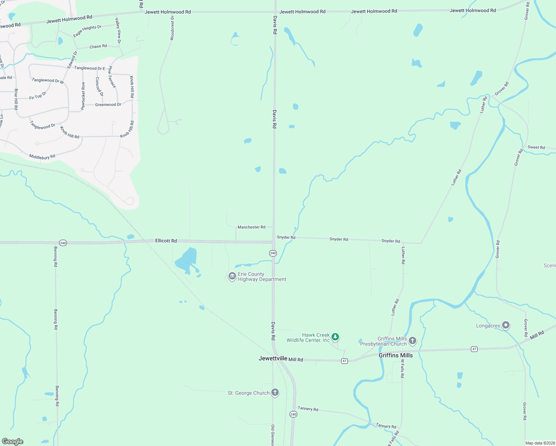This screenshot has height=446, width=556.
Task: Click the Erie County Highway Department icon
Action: (x=232, y=276)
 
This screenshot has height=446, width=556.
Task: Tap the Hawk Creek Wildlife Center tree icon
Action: (x=335, y=337)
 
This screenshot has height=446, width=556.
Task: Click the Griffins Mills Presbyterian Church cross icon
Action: (x=412, y=340)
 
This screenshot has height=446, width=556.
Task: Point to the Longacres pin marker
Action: (x=505, y=325)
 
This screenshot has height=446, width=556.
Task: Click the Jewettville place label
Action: (x=273, y=358)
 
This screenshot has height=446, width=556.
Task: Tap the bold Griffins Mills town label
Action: (x=395, y=355)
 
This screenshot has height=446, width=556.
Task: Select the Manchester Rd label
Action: (x=251, y=227)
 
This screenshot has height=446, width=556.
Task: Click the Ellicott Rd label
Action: (x=166, y=241)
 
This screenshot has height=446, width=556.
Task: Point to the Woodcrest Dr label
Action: (x=172, y=28)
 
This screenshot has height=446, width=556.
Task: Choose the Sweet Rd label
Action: (x=536, y=147)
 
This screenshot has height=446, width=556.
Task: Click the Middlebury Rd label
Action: (x=42, y=157)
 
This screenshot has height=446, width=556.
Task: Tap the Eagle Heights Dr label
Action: (x=87, y=31)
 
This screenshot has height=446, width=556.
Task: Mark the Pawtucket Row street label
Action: (x=83, y=96)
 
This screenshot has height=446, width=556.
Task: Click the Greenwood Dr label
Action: (x=108, y=105)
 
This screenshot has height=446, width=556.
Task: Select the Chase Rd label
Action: (x=98, y=46)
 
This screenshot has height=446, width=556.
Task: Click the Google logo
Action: (x=13, y=442)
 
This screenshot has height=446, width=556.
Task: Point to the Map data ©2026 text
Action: (x=540, y=443)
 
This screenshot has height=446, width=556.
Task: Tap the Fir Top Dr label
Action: (x=38, y=96)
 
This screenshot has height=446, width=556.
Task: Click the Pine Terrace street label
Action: (x=112, y=77)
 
